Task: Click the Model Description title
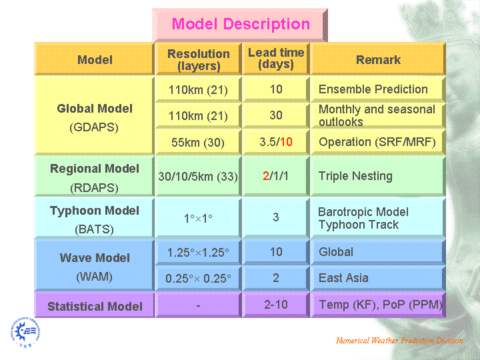point(240,24)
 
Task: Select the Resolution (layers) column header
point(199,59)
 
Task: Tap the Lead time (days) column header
point(276,59)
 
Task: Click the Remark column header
point(378,59)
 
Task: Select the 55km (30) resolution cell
point(198,143)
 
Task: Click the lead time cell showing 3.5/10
point(276,142)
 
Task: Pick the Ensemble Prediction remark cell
point(378,89)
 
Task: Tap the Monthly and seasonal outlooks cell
point(378,116)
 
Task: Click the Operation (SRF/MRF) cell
point(378,142)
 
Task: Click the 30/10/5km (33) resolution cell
point(198,176)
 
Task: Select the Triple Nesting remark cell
point(378,176)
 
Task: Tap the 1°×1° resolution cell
point(198,218)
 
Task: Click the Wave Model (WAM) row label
point(94,265)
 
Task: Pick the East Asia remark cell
point(378,278)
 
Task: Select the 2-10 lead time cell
point(276,305)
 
